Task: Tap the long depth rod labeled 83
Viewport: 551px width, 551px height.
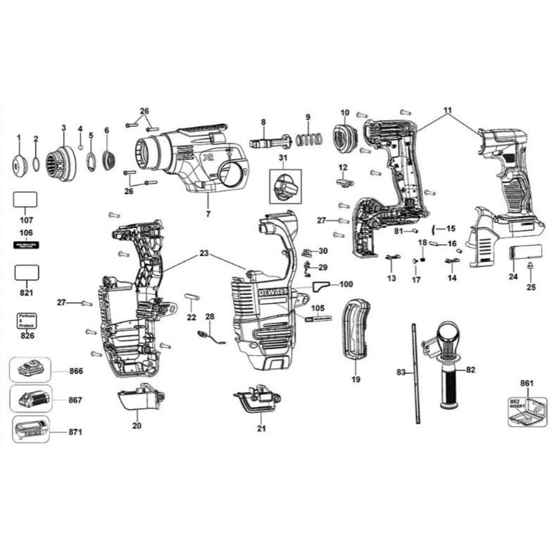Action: pos(414,374)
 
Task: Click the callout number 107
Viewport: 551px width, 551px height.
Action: pos(25,220)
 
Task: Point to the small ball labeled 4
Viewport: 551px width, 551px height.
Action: pos(80,148)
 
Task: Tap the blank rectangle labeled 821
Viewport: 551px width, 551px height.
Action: pos(26,272)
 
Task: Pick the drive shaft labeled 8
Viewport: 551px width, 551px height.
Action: pos(269,143)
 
